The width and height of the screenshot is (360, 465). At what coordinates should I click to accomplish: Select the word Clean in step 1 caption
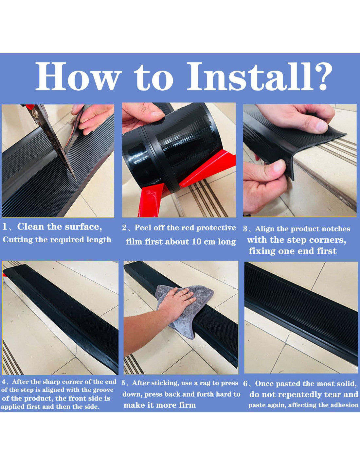point(31,227)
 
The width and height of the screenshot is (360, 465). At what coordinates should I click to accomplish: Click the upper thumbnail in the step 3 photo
point(321,126)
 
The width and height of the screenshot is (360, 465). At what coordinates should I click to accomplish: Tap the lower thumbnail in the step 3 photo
point(279,166)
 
